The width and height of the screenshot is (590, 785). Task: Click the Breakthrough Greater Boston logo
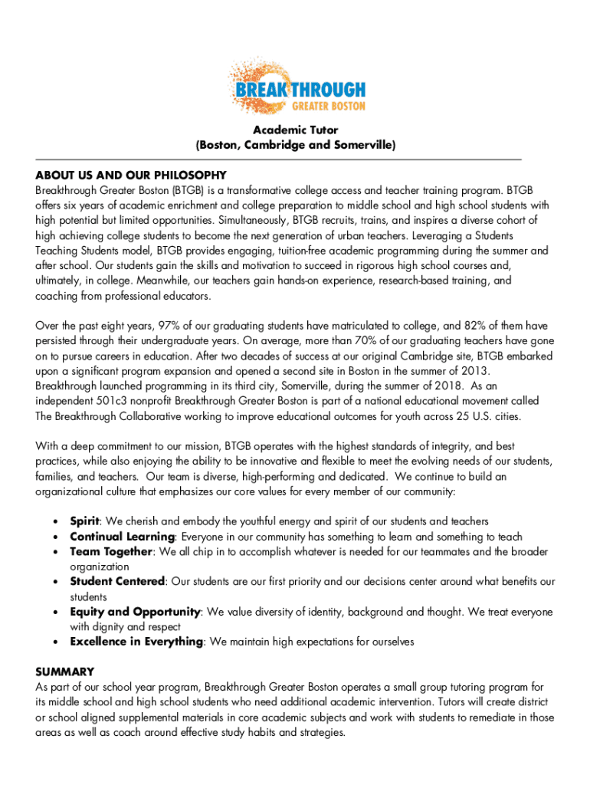(297, 85)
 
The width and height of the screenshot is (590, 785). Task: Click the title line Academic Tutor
(296, 130)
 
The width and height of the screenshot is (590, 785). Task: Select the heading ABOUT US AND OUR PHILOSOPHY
(130, 175)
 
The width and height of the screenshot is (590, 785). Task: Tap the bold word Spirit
(86, 521)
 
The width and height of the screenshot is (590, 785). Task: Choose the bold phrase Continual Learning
(123, 537)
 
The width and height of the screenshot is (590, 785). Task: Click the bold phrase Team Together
(112, 552)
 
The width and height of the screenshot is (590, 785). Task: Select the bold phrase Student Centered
(117, 582)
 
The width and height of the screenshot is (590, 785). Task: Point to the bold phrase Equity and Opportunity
(135, 612)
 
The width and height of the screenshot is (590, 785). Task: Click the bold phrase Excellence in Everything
(136, 642)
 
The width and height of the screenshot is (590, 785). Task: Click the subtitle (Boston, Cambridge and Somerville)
(296, 145)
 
